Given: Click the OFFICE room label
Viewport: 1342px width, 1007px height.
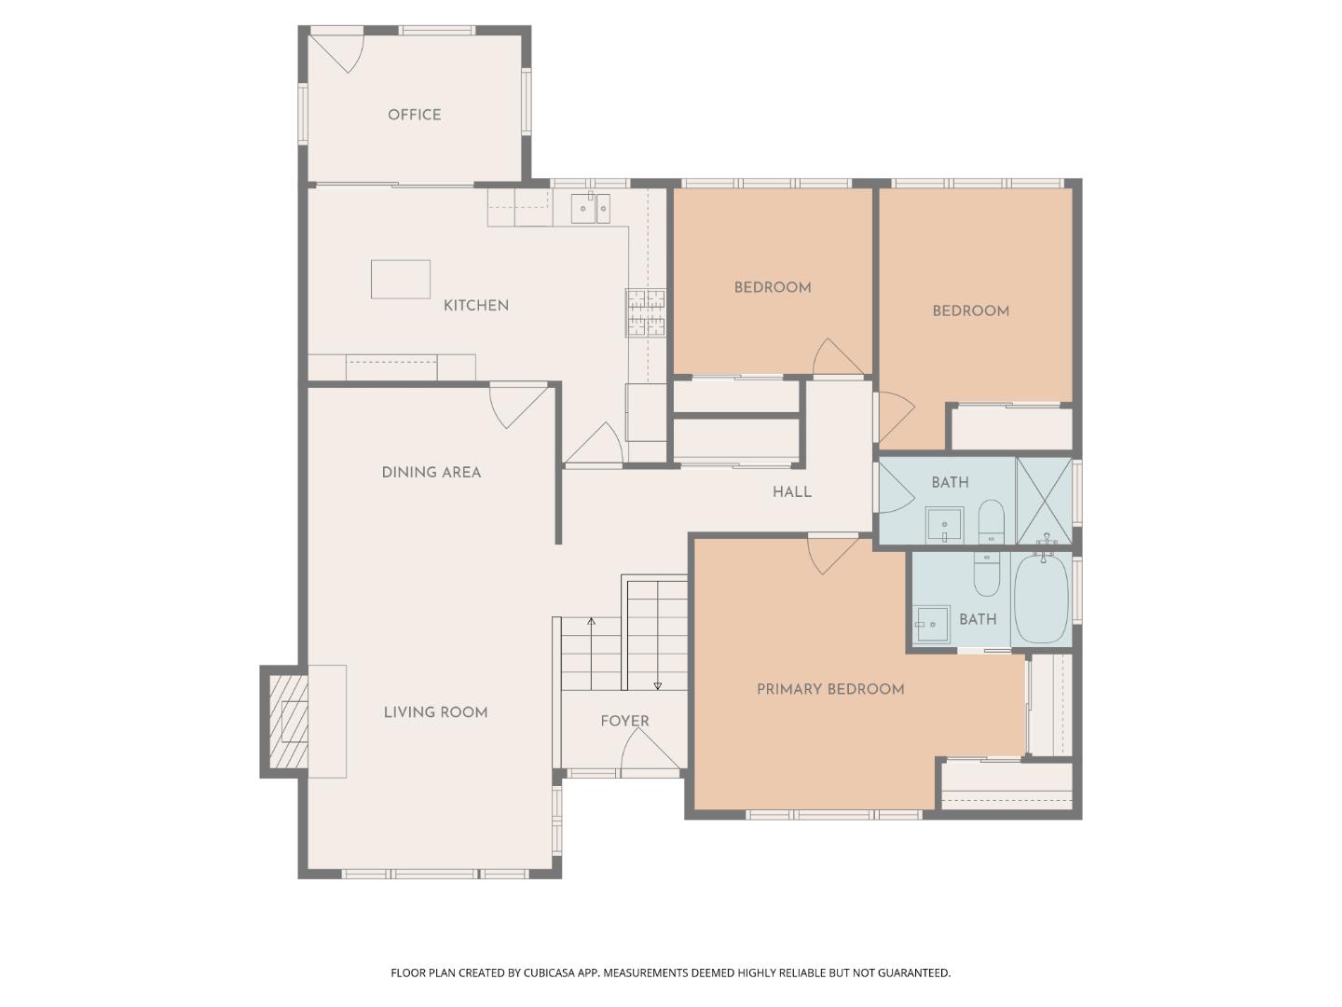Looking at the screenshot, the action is click(x=414, y=115).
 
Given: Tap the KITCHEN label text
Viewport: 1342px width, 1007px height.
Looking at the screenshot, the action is click(x=475, y=306).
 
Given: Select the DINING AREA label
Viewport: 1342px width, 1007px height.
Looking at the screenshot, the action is click(x=431, y=472).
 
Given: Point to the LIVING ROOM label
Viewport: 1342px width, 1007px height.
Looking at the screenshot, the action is click(x=435, y=712).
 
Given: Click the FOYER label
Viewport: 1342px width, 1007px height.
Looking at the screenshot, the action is click(x=624, y=721).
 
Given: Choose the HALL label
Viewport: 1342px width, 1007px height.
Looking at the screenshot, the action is click(x=792, y=491).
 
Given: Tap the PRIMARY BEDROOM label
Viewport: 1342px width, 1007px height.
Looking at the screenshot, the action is click(x=830, y=689).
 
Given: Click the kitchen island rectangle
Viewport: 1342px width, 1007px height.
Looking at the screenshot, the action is click(x=401, y=280).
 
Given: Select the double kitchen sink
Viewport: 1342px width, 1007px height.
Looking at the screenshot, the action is click(x=591, y=209).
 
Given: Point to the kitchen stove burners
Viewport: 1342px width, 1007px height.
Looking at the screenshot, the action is click(x=645, y=312).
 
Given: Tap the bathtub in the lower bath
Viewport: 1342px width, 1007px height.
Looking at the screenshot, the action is click(x=1041, y=599).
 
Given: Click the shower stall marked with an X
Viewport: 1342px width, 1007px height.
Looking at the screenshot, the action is click(x=1044, y=501).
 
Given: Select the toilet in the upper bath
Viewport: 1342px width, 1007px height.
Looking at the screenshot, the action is click(x=991, y=522).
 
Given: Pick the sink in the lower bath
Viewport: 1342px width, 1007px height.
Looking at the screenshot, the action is click(x=931, y=625).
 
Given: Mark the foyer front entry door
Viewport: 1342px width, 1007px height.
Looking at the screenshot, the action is click(x=650, y=752).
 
